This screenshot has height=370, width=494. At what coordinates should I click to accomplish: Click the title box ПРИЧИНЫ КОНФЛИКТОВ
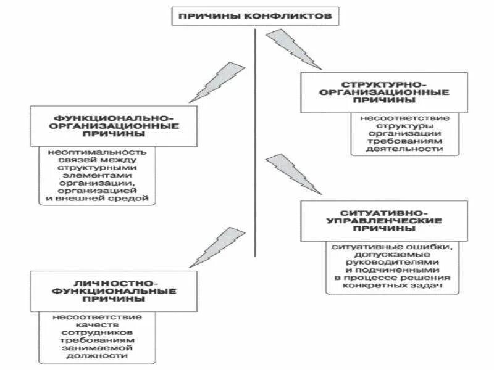(x=254, y=15)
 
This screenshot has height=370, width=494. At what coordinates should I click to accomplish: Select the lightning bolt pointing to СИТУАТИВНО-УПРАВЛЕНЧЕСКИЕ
(x=293, y=176)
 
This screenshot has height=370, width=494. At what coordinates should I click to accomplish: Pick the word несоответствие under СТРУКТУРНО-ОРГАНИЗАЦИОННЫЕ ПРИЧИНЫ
(x=405, y=118)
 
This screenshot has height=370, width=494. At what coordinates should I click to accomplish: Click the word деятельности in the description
(x=405, y=149)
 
